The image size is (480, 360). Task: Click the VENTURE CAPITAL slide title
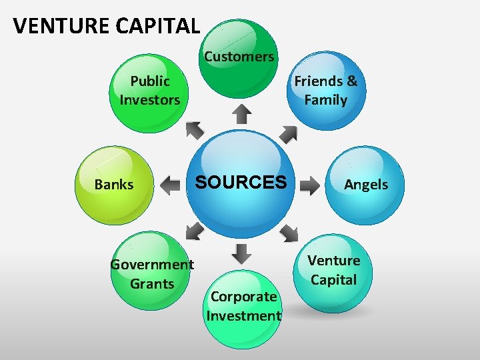coord(106,26)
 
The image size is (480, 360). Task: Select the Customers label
coord(239,57)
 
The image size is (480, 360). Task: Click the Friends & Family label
coord(325,91)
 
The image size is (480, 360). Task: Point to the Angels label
coord(365,185)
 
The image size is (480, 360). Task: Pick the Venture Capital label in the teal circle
coord(333,270)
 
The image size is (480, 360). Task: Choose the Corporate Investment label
coord(243,306)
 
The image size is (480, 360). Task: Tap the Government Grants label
coord(152,274)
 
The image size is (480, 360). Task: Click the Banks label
coord(114,185)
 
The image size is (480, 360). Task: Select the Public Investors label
coord(149,91)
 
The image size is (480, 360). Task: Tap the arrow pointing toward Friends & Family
coord(288,134)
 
